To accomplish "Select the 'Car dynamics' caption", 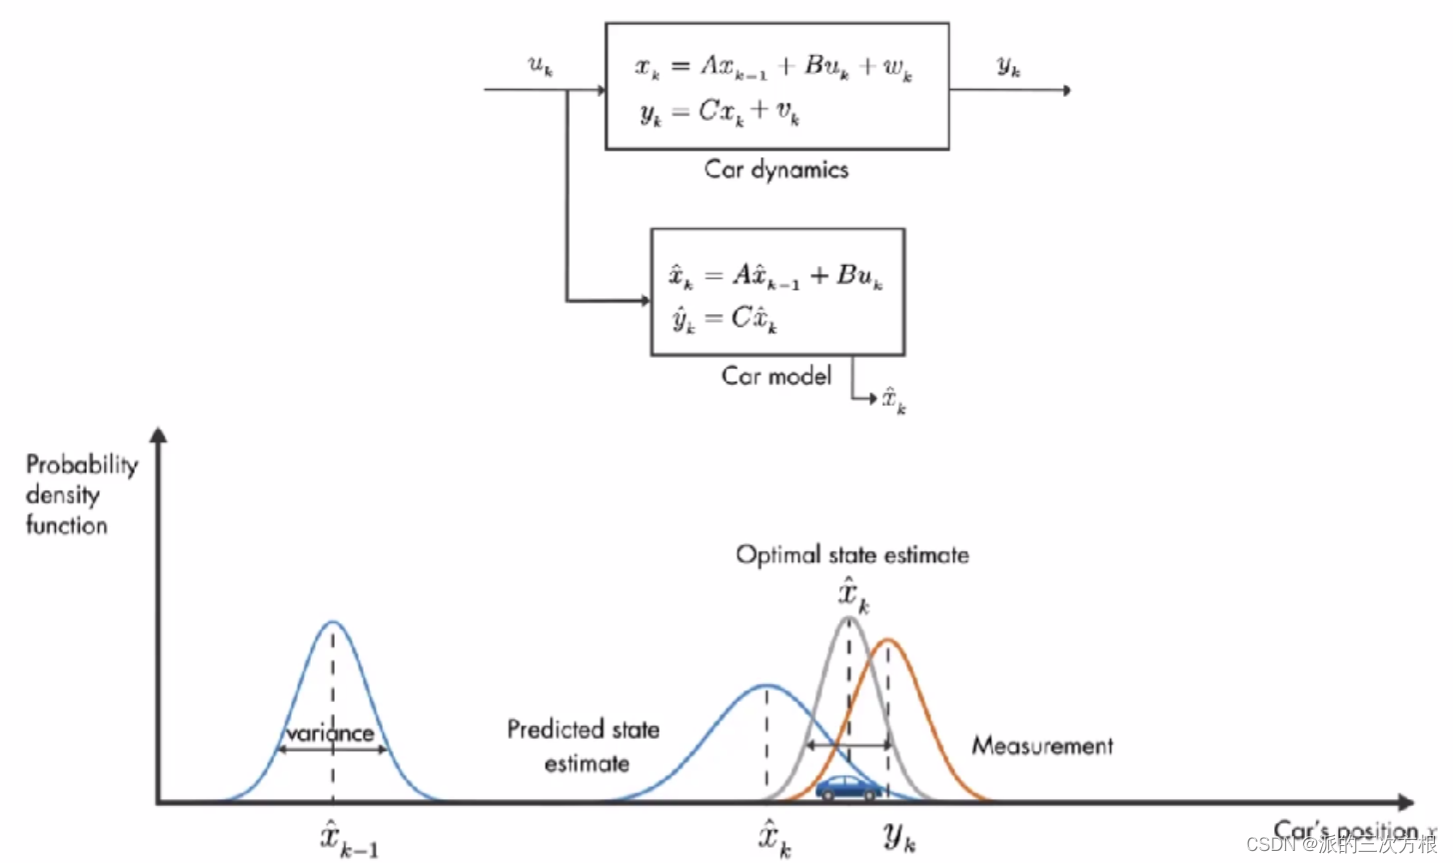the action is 776,169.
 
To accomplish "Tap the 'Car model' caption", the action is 776,376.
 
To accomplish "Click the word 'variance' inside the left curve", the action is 330,733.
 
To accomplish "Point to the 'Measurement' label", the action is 1042,746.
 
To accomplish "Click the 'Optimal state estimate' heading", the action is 852,555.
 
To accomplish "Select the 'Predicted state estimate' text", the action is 585,746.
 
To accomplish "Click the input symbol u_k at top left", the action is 541,66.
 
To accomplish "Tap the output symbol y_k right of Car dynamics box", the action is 1009,67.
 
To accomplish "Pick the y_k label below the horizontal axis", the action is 899,836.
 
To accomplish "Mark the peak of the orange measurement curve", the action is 887,640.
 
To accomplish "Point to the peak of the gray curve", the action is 849,619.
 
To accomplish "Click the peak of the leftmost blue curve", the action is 333,622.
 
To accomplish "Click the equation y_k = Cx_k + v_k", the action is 720,113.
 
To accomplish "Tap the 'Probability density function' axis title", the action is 80,494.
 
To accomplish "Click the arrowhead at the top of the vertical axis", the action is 158,435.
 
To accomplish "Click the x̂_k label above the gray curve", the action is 853,595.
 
